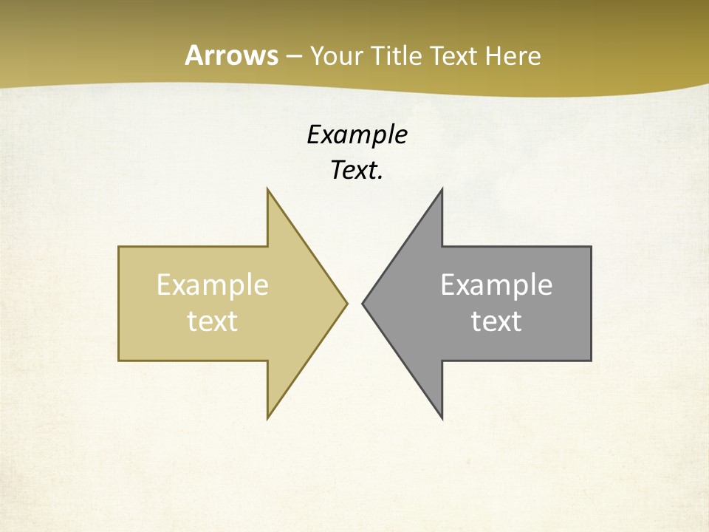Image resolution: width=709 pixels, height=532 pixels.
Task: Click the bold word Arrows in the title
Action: coord(230,55)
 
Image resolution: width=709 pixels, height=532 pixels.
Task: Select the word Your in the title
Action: coord(332,56)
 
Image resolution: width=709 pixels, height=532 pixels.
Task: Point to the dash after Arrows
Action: coord(293,57)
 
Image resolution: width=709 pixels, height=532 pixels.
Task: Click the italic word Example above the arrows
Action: coord(357,135)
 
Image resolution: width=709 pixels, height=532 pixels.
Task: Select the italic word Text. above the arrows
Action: coord(357,171)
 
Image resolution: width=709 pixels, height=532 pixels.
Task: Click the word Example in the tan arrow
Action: coord(212,285)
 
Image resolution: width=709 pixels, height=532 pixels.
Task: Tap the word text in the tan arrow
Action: coord(212,321)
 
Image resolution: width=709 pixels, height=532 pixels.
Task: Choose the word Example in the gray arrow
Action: coord(496,285)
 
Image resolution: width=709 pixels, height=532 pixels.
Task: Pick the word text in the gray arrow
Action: coord(496,321)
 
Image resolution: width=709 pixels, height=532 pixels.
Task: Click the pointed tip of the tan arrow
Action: coord(346,303)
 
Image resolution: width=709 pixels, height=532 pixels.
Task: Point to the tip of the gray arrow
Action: coord(363,303)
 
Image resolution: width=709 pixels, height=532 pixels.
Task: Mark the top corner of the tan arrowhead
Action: coord(268,191)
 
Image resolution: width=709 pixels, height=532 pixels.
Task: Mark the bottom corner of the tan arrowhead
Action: coord(268,417)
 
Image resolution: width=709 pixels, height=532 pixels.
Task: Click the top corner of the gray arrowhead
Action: coord(442,191)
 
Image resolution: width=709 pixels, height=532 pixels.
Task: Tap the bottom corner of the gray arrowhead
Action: coord(442,417)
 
